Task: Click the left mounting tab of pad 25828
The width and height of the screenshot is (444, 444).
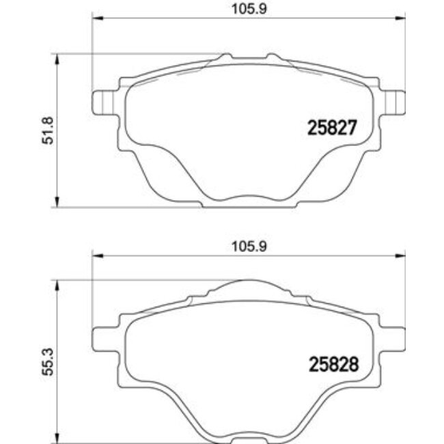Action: pyautogui.click(x=102, y=337)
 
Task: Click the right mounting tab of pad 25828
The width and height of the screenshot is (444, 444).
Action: pyautogui.click(x=393, y=337)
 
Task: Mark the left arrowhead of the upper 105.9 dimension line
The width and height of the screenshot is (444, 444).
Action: pyautogui.click(x=96, y=19)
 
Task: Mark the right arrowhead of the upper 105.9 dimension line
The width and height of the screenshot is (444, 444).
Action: pyautogui.click(x=398, y=19)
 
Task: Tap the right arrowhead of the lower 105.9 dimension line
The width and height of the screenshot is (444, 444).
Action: pyautogui.click(x=398, y=256)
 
